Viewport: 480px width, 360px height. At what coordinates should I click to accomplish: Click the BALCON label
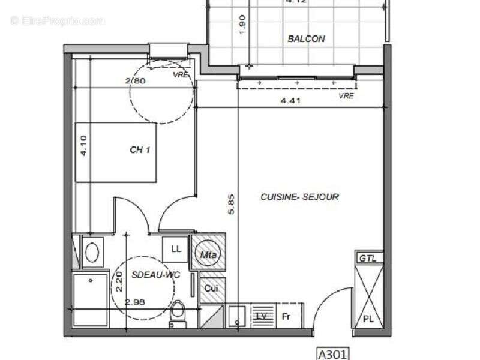coord(306,39)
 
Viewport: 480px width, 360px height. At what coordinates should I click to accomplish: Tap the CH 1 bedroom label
coord(140,150)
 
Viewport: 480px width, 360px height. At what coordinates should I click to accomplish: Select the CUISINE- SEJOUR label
coord(299,197)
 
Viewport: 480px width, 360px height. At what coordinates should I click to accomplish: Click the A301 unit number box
coord(332,354)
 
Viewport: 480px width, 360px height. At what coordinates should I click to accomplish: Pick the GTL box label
coord(367,258)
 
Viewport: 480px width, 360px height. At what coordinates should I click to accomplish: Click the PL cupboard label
coord(368,319)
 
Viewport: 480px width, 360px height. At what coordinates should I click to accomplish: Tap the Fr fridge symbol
coord(286,316)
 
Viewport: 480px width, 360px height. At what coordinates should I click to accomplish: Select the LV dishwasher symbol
coord(261,316)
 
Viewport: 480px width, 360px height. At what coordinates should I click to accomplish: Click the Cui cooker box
coord(211,289)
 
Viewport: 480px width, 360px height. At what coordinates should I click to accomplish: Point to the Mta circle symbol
coord(208,255)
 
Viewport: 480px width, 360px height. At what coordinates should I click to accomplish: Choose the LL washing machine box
coord(176,249)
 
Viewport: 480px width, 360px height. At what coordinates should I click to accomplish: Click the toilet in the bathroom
coord(178,313)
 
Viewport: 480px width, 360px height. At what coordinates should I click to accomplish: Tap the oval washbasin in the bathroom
coord(92,252)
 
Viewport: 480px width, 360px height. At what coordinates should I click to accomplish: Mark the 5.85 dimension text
coord(231,207)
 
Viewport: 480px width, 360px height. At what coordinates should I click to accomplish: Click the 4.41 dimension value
coord(290,100)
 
